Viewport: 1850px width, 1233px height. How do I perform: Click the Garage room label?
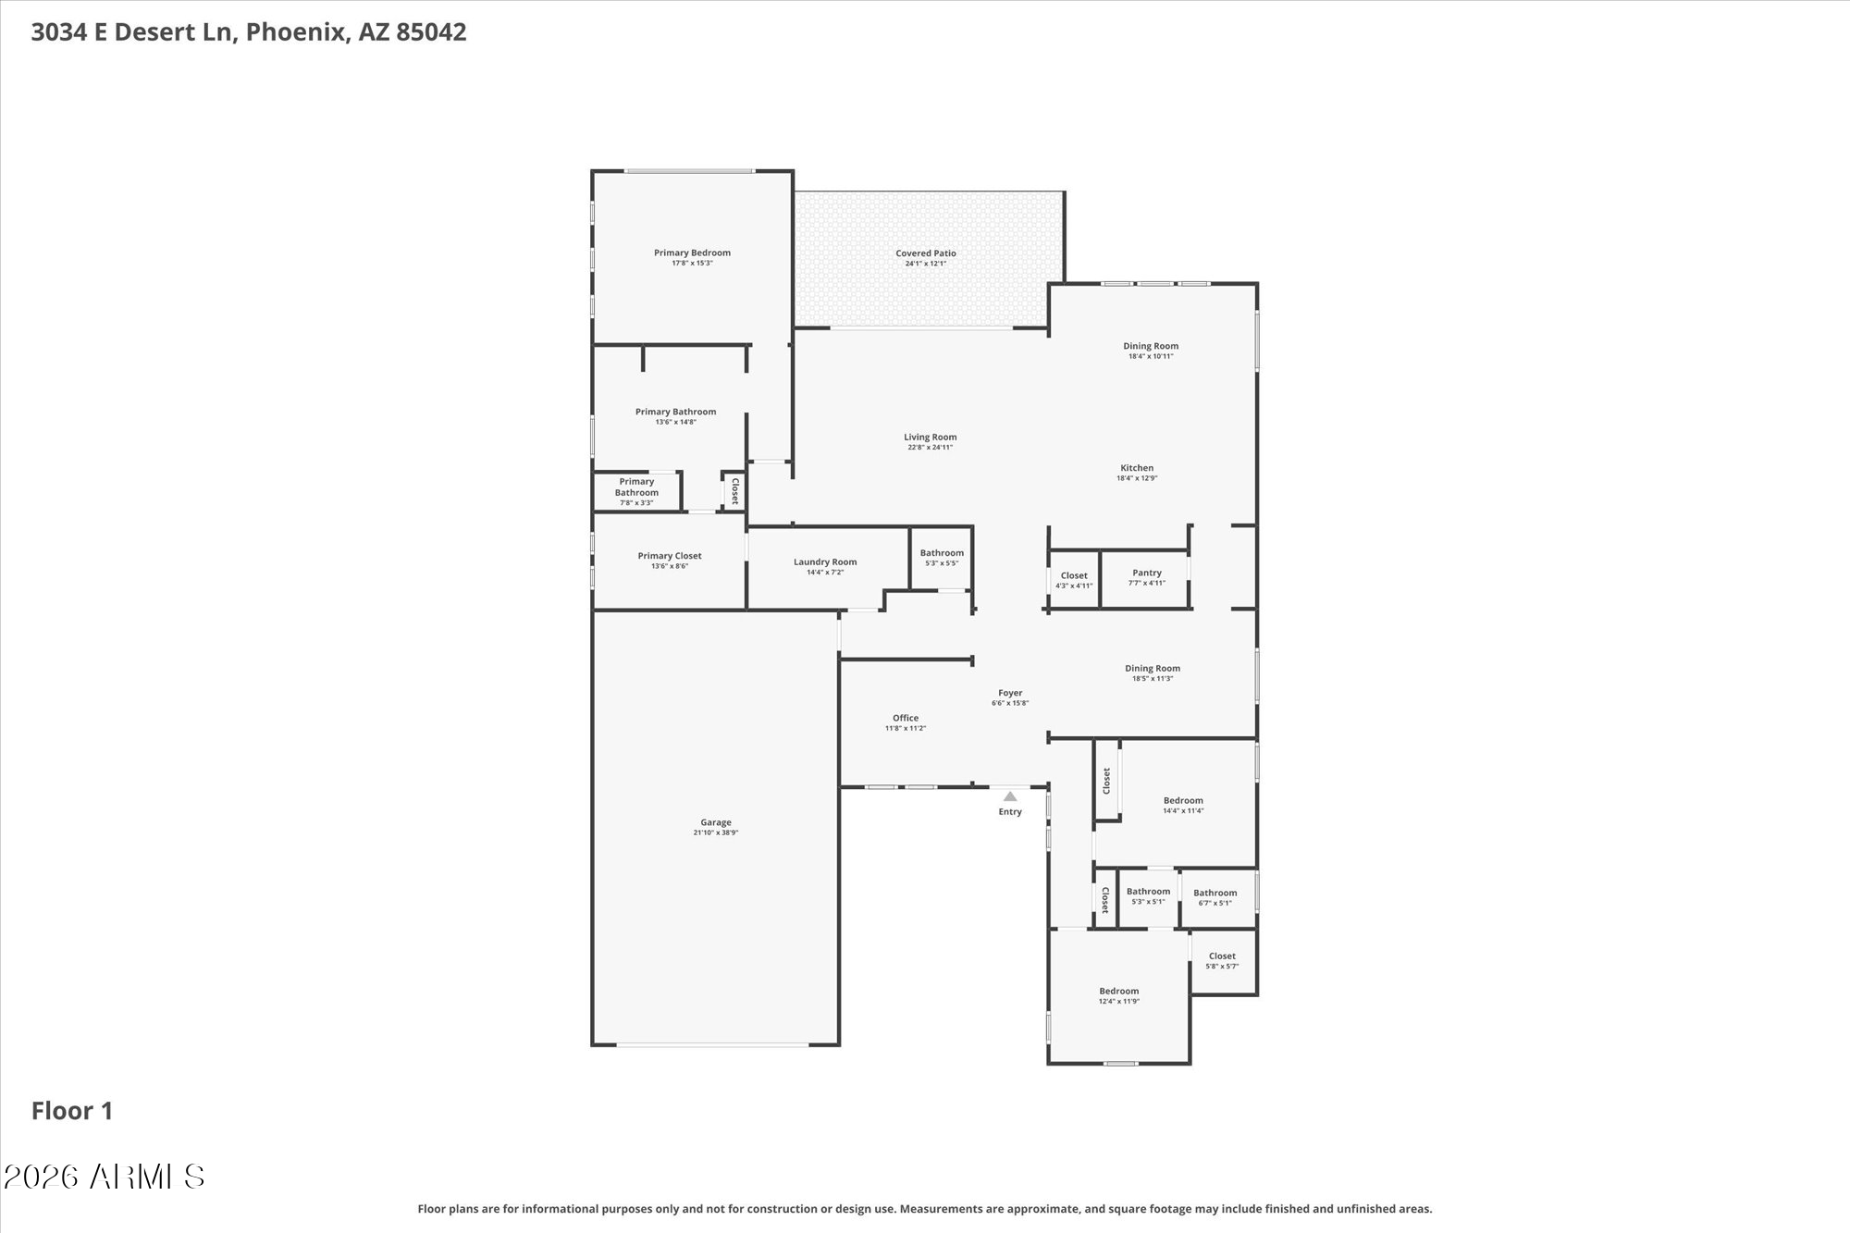click(716, 822)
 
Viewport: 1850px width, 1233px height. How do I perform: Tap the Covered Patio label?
click(926, 253)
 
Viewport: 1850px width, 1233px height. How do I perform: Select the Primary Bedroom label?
click(692, 253)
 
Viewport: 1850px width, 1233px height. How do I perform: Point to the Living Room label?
click(931, 438)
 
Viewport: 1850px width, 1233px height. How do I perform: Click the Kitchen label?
click(1137, 468)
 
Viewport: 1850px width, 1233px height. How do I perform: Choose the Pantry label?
click(1147, 573)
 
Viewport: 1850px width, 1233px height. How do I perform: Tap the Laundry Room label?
click(825, 562)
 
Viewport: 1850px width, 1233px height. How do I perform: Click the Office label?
click(906, 718)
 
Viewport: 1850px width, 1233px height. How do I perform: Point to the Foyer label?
click(1010, 693)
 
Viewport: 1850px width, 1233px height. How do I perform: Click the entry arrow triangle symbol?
click(1010, 796)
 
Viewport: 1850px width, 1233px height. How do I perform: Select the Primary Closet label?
click(670, 556)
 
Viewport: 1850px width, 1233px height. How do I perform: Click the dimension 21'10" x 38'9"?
click(716, 832)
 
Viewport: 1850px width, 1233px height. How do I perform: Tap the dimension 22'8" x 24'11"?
click(931, 448)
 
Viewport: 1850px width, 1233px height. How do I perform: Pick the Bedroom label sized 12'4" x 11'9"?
click(1119, 992)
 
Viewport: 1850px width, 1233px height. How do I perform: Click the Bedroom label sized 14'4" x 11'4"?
click(1183, 801)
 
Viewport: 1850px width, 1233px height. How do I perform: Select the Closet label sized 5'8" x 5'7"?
click(1222, 956)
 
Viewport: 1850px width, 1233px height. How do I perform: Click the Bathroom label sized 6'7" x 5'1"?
click(1215, 894)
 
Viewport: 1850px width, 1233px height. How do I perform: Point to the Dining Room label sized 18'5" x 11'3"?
click(1153, 669)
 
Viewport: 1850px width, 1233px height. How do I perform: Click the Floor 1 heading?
click(72, 1111)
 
